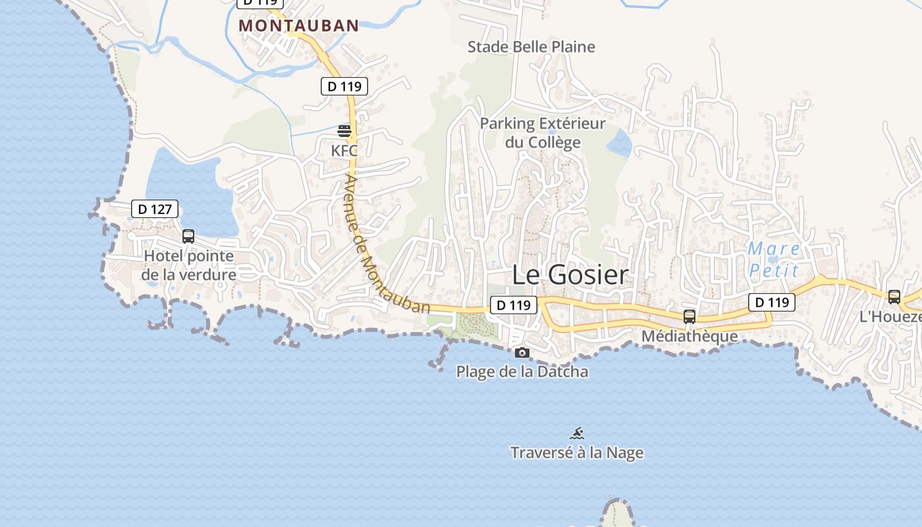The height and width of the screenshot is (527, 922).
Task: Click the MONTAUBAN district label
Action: (298, 26)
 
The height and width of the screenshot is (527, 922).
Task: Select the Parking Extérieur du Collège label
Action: (543, 133)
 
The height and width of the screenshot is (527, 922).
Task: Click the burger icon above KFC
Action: (344, 130)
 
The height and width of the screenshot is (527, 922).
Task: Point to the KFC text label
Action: (344, 151)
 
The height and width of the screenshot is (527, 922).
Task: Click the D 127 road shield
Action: (155, 209)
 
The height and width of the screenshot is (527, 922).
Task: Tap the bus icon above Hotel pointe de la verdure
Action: (188, 236)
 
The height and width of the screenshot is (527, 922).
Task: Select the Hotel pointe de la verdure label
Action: (189, 265)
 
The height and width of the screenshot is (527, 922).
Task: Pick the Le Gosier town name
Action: (570, 275)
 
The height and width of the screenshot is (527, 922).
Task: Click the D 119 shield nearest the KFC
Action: (344, 86)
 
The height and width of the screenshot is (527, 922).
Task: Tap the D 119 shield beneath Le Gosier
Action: (513, 305)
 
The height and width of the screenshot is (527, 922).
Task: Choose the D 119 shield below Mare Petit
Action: (771, 302)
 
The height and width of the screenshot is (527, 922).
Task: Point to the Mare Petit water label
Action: (774, 260)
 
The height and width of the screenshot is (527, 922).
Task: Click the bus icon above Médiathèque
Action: (689, 316)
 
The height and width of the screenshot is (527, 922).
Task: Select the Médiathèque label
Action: (690, 336)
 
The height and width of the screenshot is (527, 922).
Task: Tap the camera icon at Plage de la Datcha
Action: (522, 352)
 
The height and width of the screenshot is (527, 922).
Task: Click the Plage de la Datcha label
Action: (522, 372)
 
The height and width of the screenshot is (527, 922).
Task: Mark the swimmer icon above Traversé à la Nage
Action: (577, 433)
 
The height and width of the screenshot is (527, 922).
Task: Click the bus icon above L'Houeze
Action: (894, 297)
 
